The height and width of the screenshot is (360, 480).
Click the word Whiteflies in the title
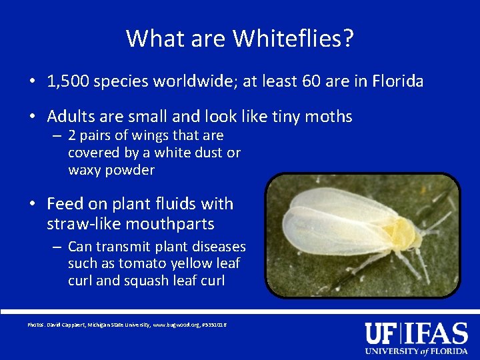(287, 39)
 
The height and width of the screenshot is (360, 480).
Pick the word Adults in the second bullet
(70, 117)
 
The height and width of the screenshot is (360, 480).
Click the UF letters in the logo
(380, 333)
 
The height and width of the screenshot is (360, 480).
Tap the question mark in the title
(347, 39)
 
